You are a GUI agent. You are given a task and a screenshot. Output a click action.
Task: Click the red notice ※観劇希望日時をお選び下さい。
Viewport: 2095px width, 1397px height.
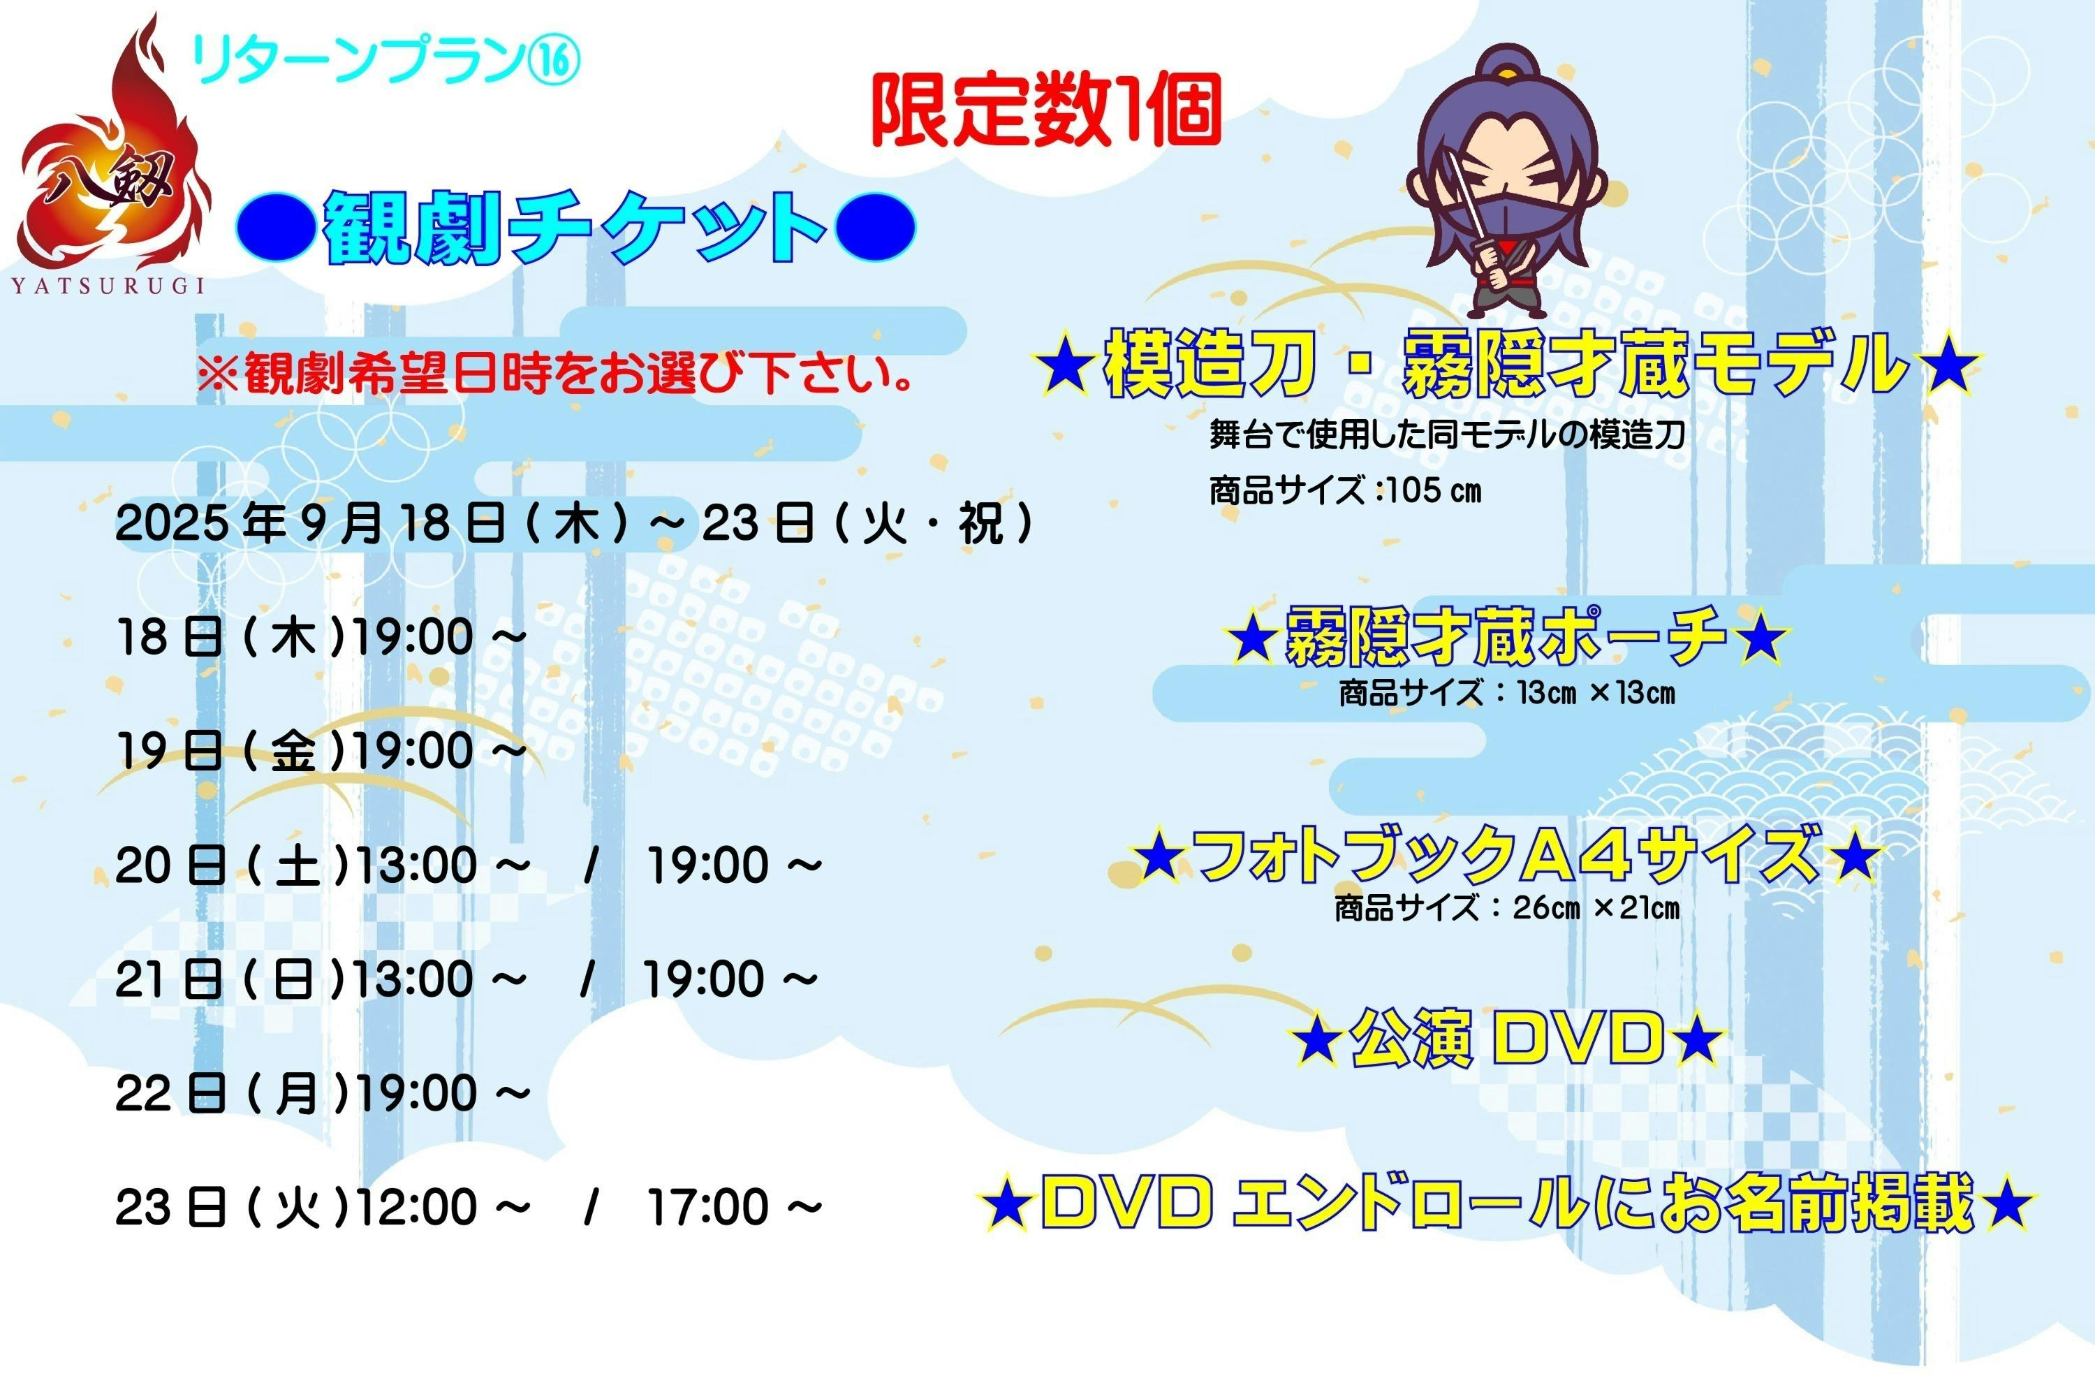[556, 373]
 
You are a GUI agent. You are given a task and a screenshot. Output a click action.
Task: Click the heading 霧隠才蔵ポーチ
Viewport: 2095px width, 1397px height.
[1506, 636]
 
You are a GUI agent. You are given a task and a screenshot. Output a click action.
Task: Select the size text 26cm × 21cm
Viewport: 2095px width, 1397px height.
[1595, 908]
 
